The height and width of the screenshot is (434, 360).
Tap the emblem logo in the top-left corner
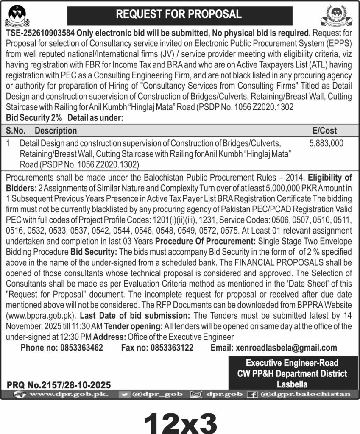point(18,15)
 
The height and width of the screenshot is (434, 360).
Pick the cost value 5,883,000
point(327,144)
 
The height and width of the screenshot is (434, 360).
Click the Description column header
point(56,131)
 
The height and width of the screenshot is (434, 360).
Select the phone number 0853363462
point(81,348)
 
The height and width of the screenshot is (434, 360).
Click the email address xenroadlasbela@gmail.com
point(285,348)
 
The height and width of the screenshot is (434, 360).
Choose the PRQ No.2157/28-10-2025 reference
point(59,385)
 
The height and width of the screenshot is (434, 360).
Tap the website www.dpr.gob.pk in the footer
point(66,395)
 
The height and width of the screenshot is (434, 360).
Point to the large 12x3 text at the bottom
point(181,419)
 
